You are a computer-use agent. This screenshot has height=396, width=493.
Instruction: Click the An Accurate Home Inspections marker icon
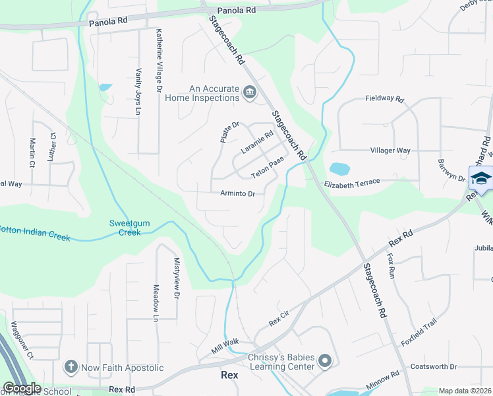250,92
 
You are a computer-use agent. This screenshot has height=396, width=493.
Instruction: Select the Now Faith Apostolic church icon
71,366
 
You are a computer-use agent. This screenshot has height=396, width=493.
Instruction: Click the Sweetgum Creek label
129,228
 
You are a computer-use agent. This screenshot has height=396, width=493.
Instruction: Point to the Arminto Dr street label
237,194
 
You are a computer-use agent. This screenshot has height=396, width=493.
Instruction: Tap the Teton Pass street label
268,168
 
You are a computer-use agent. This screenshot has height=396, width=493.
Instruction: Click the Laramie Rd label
257,143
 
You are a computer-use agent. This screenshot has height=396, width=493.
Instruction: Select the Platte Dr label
229,132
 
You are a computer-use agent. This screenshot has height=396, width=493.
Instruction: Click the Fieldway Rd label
384,98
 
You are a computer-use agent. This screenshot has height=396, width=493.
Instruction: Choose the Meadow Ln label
156,303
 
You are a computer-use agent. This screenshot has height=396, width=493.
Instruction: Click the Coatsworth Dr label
433,366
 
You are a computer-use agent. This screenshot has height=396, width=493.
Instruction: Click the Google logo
22,388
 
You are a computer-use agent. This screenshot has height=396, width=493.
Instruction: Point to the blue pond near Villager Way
339,170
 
